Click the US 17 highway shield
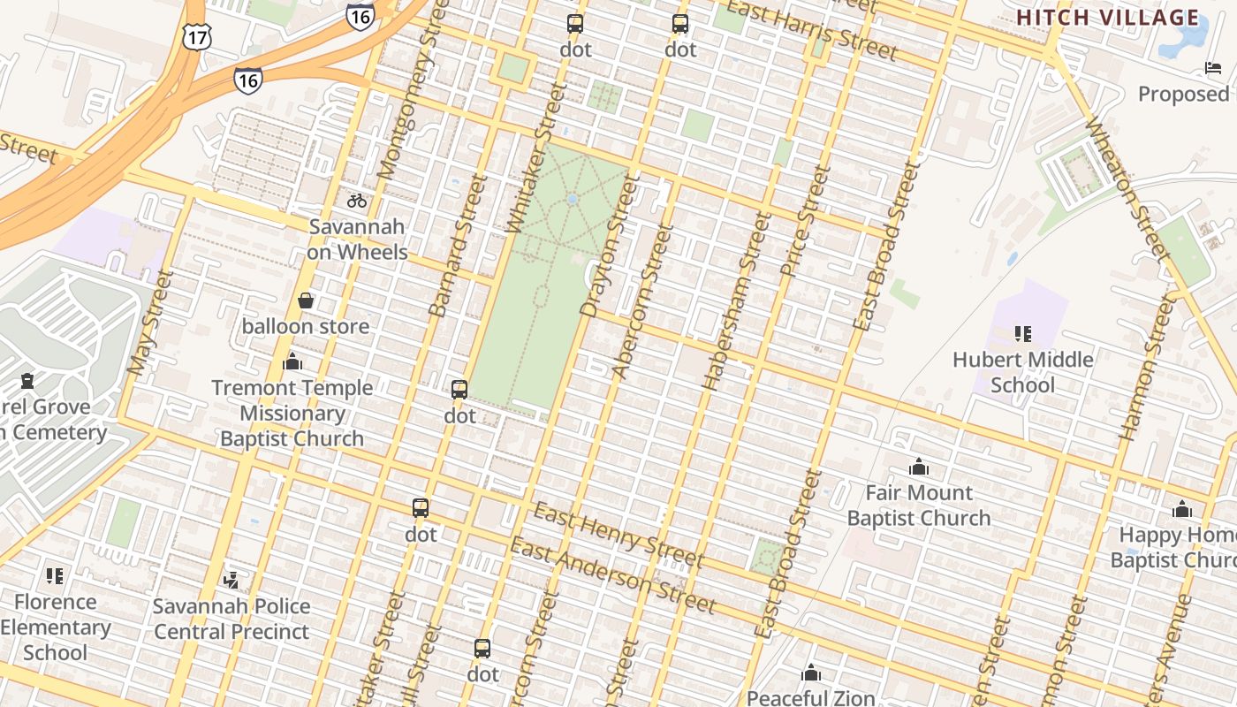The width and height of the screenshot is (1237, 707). click(x=196, y=36)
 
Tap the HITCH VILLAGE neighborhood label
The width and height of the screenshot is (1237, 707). click(x=1108, y=18)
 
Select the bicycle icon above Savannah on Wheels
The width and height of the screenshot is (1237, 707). click(x=357, y=201)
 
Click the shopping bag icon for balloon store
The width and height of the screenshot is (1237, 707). click(x=306, y=301)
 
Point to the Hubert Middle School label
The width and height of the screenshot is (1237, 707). click(x=1022, y=372)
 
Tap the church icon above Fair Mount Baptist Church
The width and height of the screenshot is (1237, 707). click(x=919, y=467)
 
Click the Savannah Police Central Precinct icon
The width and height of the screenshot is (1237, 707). click(x=231, y=581)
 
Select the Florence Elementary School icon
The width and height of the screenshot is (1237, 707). click(x=55, y=576)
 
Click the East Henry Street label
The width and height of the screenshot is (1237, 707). click(x=618, y=536)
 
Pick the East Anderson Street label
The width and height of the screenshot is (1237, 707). click(x=611, y=575)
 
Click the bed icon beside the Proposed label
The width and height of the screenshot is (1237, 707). click(x=1213, y=68)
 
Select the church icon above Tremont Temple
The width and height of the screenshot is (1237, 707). click(x=292, y=362)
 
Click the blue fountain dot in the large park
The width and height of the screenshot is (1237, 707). click(x=573, y=199)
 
